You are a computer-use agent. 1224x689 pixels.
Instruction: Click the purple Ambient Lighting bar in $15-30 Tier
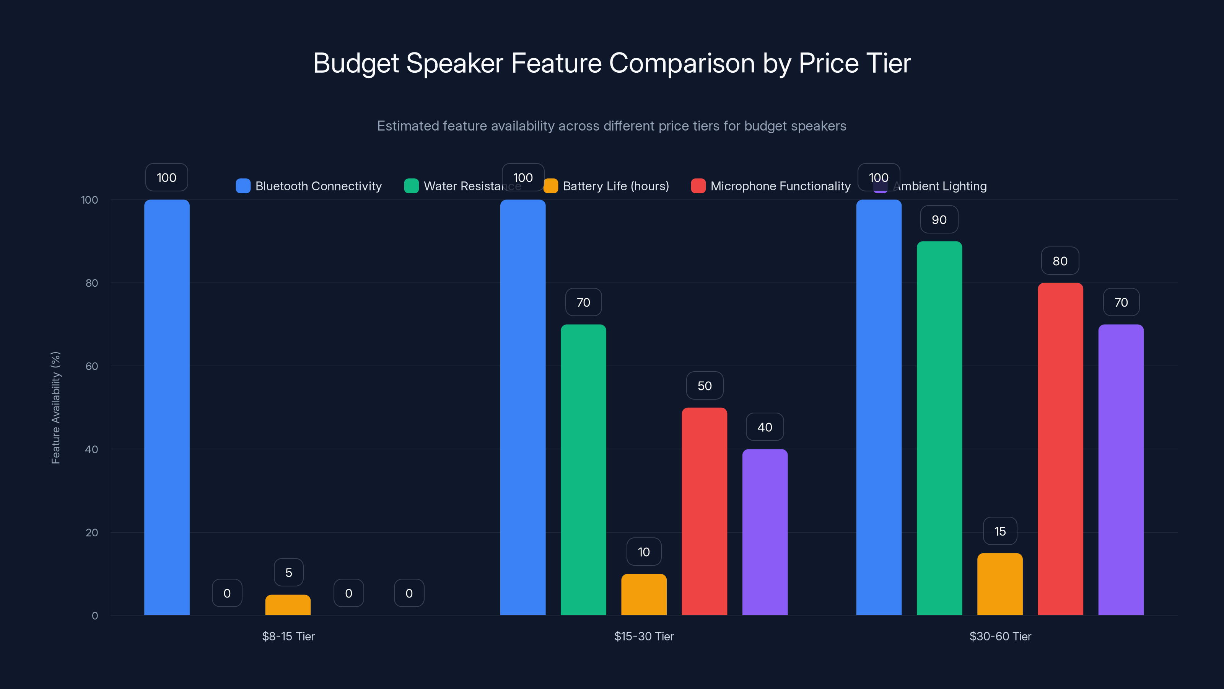click(x=765, y=532)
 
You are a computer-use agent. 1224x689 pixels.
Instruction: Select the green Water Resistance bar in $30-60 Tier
click(x=939, y=428)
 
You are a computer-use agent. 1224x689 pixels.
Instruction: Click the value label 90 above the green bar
click(x=939, y=220)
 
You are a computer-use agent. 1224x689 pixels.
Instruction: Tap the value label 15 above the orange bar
click(x=1000, y=531)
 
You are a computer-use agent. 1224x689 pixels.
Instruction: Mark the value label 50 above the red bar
click(x=705, y=385)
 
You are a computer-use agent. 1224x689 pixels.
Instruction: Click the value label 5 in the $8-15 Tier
click(x=288, y=573)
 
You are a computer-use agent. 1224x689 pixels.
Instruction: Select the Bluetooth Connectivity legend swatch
click(x=243, y=186)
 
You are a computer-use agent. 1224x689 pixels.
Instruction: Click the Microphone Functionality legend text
click(x=780, y=186)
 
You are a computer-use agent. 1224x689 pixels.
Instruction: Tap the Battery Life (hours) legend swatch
click(x=551, y=186)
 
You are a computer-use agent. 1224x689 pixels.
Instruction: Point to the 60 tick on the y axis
click(x=92, y=366)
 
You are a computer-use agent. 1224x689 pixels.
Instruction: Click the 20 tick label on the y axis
click(x=92, y=532)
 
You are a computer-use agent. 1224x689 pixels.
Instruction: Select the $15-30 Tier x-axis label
click(x=644, y=636)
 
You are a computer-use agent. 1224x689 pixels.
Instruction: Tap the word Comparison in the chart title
click(x=682, y=63)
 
